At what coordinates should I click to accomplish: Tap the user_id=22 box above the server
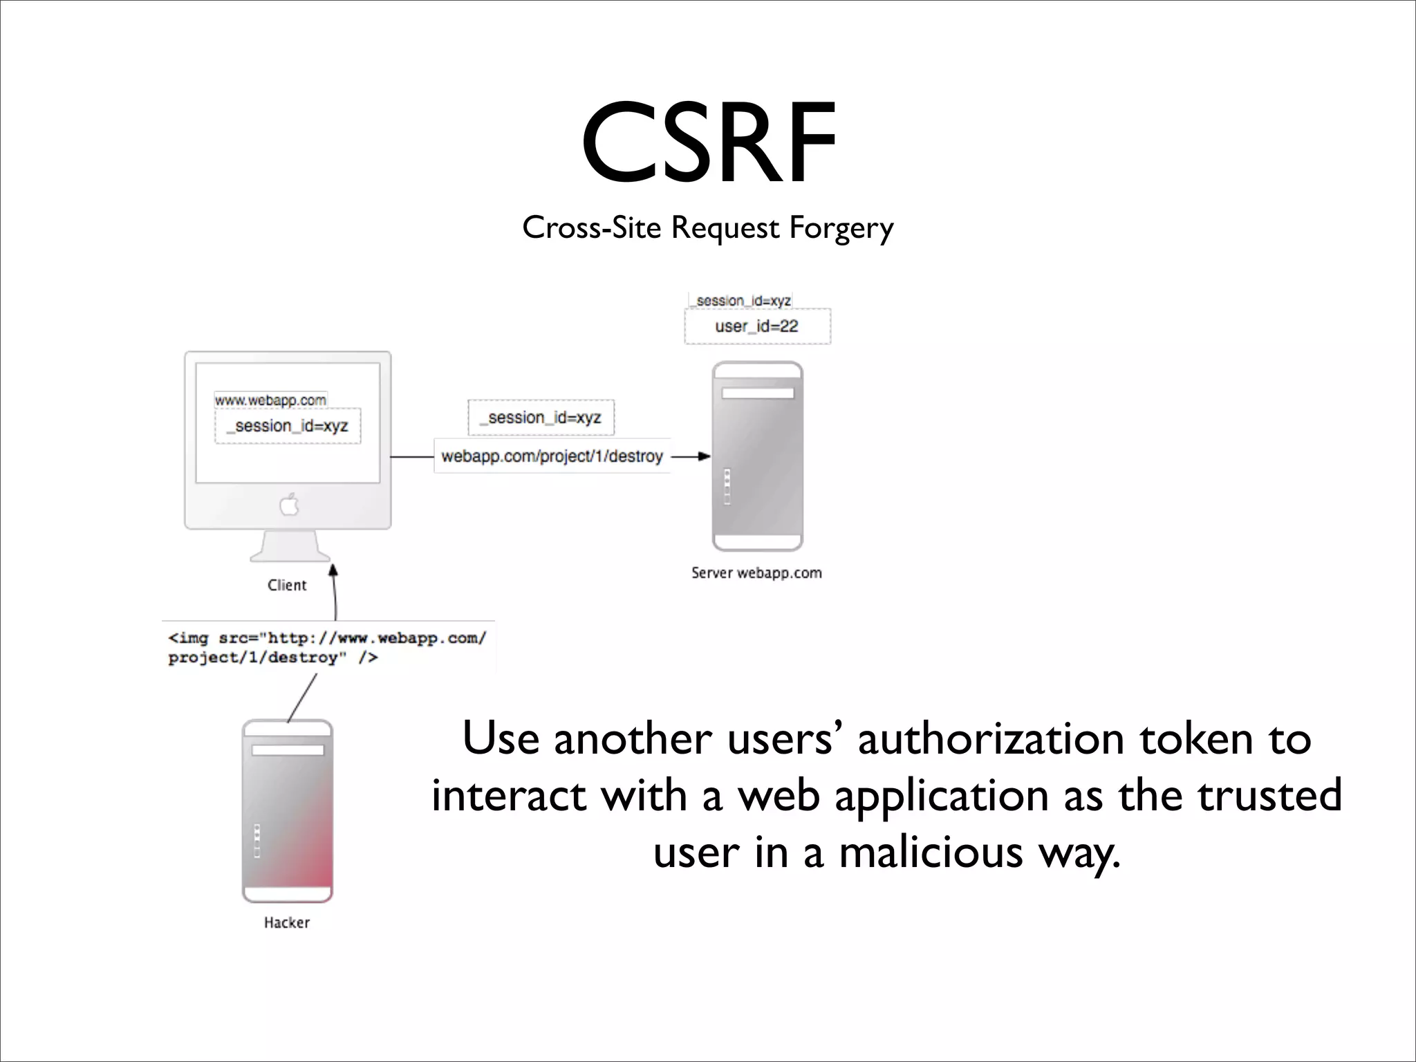click(x=757, y=326)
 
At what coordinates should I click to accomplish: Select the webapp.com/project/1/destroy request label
click(x=552, y=456)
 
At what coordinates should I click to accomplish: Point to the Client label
click(x=287, y=585)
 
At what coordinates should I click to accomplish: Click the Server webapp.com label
click(x=756, y=573)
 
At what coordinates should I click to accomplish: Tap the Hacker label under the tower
click(x=287, y=922)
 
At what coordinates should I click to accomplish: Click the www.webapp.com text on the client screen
click(x=270, y=400)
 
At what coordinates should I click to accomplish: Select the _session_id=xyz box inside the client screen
click(x=288, y=426)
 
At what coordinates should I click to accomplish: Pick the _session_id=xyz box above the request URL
click(x=541, y=418)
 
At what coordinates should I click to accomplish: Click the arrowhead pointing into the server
click(x=704, y=456)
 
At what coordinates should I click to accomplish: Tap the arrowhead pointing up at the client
click(x=333, y=570)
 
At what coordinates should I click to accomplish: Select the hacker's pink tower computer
click(x=287, y=811)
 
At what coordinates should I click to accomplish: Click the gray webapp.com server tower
click(x=757, y=456)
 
